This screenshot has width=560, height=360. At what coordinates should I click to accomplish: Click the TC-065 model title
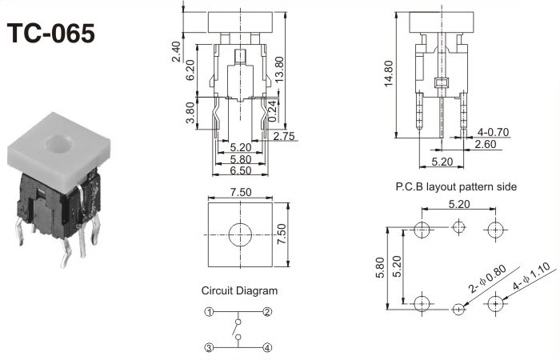(x=50, y=33)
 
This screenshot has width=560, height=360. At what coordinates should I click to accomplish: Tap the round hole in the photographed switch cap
(x=57, y=145)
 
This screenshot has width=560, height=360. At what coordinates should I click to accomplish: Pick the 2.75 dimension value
(x=284, y=137)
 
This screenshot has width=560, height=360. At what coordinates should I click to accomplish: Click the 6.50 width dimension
(x=238, y=170)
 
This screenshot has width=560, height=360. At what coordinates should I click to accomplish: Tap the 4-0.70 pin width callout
(x=493, y=132)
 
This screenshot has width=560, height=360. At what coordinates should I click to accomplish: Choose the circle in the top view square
(x=238, y=234)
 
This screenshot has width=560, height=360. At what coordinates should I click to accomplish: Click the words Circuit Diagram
(x=239, y=290)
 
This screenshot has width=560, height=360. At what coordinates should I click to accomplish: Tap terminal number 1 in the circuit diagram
(x=209, y=311)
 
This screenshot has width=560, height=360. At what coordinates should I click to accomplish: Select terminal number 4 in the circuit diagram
(x=268, y=347)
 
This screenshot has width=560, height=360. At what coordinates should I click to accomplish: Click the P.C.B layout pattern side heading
(x=456, y=186)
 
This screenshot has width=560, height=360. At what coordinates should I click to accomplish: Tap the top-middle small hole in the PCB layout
(x=458, y=229)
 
